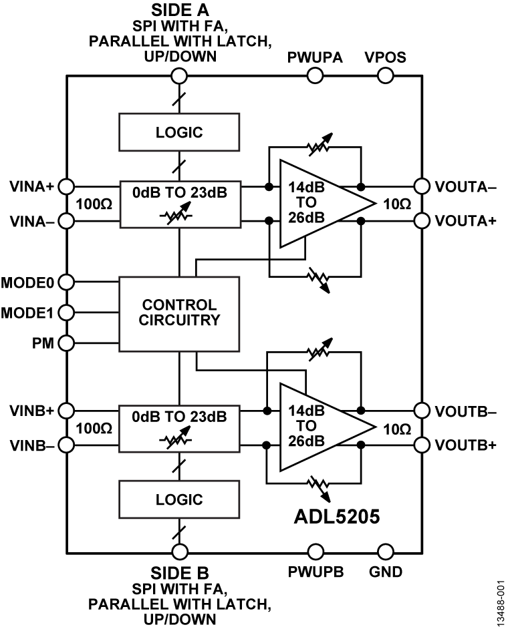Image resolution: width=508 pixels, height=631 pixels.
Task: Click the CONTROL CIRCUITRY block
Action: [178, 313]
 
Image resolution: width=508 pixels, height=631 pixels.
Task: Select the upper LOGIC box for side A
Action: [178, 132]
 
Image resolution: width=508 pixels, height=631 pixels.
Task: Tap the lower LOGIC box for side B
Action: [178, 499]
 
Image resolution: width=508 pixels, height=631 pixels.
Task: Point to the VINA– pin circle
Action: [67, 220]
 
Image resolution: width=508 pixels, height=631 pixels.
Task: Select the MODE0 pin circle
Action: [67, 282]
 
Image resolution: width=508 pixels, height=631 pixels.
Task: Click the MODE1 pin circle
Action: [67, 312]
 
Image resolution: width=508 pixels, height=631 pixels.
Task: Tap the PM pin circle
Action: [67, 343]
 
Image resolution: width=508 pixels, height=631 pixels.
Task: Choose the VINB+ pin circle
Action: [67, 409]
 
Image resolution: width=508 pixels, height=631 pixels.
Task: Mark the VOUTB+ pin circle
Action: [422, 444]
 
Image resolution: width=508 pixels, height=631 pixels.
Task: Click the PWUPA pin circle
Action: [315, 75]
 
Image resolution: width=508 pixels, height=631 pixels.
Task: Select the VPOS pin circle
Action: [385, 75]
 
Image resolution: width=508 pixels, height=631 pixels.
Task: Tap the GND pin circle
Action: [385, 552]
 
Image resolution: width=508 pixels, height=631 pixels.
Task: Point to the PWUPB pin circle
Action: [315, 552]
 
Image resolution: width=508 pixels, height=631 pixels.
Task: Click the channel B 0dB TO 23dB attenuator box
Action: [178, 427]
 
